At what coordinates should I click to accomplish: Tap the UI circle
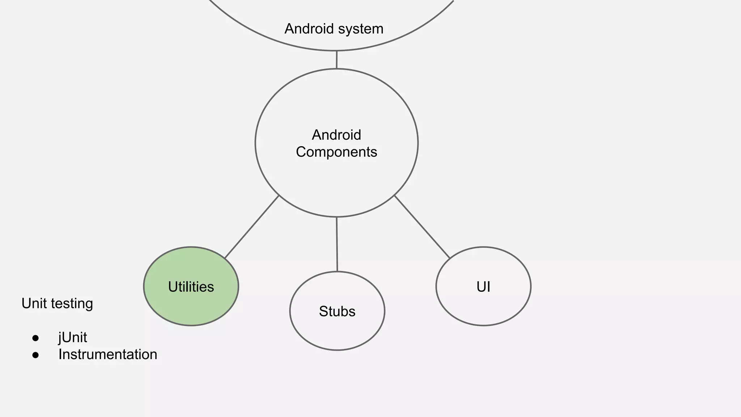pos(483,308)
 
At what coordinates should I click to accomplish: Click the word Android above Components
pos(336,135)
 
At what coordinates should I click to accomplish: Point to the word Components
pos(336,152)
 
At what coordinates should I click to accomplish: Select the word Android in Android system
pos(309,29)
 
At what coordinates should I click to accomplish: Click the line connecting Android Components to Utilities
pos(252,227)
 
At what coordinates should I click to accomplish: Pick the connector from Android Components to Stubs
pos(337,244)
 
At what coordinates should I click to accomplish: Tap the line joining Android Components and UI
pos(422,227)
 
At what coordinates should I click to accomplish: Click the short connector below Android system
pos(336,60)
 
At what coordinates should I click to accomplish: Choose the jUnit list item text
pos(73,338)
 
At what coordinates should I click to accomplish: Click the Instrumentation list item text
pos(108,354)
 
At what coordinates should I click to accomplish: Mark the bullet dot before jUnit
pos(35,338)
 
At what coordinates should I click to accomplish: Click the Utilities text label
pos(191,287)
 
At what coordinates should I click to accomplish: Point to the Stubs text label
pos(337,311)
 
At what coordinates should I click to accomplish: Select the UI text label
pos(483,287)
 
